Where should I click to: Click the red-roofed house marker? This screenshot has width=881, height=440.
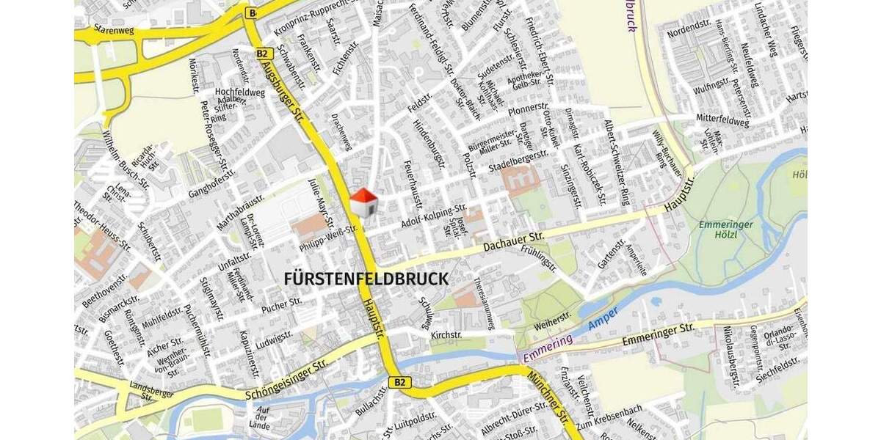[x=363, y=202]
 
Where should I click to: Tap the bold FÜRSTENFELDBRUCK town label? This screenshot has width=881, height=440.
[x=366, y=279]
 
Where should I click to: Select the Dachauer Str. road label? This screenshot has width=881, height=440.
[x=514, y=241]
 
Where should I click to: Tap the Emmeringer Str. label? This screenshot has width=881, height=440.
[x=659, y=334]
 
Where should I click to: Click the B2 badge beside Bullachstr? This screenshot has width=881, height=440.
[x=399, y=382]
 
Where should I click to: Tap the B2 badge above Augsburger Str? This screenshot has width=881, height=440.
[x=264, y=54]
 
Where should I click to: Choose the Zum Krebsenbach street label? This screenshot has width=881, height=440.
[x=609, y=417]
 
